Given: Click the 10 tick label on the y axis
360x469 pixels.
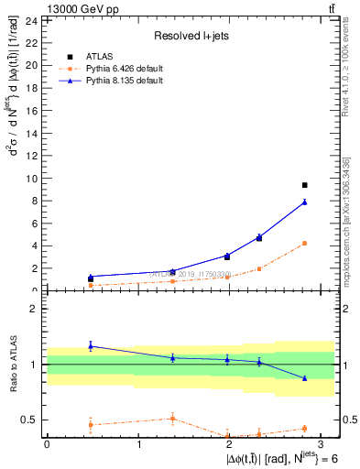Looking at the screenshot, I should point(31,178).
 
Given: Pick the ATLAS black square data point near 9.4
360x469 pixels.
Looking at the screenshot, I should point(305,185).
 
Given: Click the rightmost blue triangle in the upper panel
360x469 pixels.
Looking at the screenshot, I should point(305,202).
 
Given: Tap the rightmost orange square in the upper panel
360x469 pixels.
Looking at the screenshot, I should point(305,244).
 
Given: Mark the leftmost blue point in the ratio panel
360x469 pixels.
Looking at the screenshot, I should point(91,345).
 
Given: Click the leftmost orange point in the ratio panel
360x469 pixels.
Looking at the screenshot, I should point(91,424).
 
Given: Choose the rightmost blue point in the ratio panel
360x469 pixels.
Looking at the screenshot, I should point(305,378).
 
